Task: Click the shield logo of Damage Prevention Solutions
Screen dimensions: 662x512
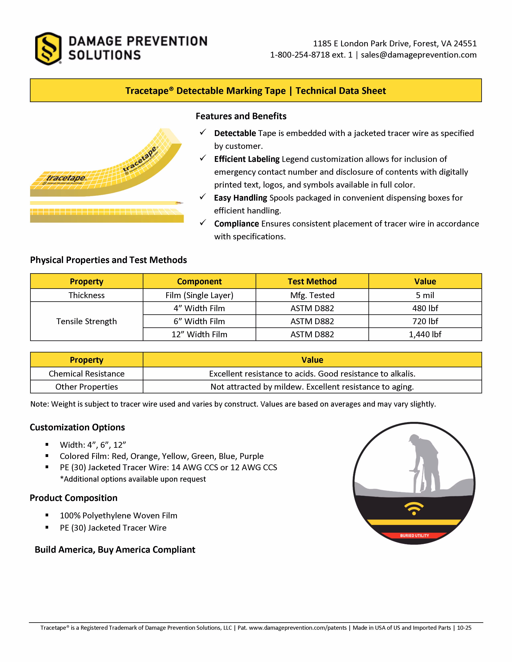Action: [x=48, y=49]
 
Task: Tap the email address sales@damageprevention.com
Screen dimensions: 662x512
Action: [x=419, y=55]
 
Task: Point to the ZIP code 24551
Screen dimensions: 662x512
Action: [x=465, y=44]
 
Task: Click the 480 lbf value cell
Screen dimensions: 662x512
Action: [x=425, y=308]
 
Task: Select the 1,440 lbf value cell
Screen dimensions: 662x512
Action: [x=425, y=334]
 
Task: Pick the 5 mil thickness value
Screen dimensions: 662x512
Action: [x=425, y=295]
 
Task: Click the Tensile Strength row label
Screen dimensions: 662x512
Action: [x=87, y=321]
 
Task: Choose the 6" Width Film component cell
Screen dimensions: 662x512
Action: [x=199, y=321]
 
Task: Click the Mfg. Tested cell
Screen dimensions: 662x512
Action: [x=312, y=295]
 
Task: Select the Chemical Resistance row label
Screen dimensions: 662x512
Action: [x=87, y=374]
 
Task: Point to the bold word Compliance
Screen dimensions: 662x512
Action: [x=236, y=224]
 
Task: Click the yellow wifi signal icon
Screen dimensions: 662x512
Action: [x=414, y=509]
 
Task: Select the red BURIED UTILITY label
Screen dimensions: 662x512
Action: [x=414, y=536]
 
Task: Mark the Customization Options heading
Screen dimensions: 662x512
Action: [x=77, y=427]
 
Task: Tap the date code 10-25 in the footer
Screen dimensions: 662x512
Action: [x=464, y=628]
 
